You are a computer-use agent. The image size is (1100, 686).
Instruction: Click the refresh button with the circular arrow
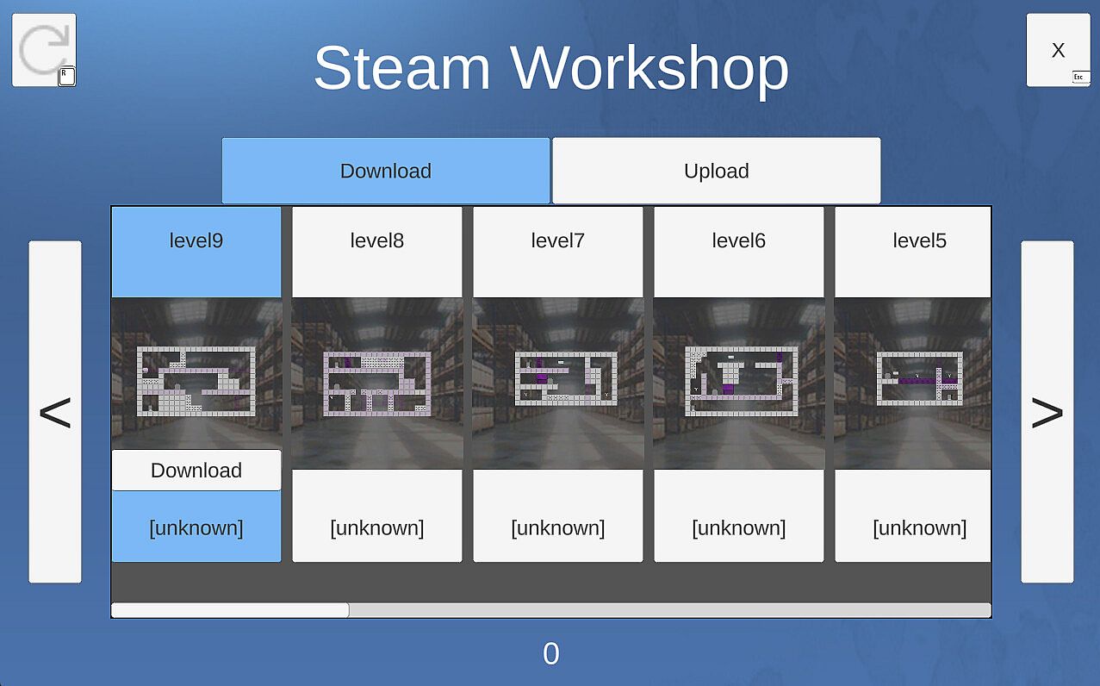click(x=44, y=50)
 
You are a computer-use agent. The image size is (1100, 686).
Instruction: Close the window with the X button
click(x=1059, y=50)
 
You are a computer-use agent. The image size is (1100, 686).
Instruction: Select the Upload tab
click(x=717, y=171)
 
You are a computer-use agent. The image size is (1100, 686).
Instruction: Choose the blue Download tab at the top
click(x=386, y=171)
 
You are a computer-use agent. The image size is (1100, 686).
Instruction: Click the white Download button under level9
click(x=196, y=471)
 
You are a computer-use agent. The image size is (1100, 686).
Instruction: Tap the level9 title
click(x=196, y=240)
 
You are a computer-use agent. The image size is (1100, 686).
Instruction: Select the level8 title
click(x=377, y=240)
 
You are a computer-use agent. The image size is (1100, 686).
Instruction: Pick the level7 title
click(x=558, y=240)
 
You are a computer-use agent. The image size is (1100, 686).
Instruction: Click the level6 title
click(x=738, y=240)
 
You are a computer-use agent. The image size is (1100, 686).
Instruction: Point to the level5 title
click(x=919, y=240)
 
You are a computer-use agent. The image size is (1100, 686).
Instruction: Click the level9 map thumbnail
click(x=196, y=381)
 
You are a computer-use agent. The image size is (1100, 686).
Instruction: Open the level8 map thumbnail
click(x=377, y=384)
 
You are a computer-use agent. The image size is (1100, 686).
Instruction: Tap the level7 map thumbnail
click(x=566, y=378)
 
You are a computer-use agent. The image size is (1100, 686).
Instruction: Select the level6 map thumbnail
click(x=741, y=381)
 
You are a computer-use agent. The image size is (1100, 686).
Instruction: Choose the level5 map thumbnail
click(x=920, y=378)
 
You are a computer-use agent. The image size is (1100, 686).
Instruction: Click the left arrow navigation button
click(x=55, y=412)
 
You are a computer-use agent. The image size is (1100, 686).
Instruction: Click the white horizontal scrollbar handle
click(x=230, y=610)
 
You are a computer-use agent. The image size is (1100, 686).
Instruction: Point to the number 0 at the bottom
click(x=551, y=653)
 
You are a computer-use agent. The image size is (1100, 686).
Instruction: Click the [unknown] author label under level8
click(x=377, y=528)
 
